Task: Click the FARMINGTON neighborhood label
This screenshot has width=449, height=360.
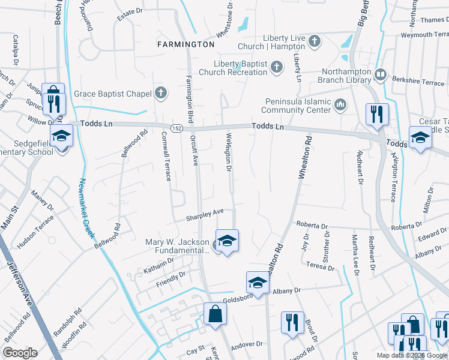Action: point(185,44)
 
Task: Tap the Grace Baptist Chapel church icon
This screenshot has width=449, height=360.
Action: point(160,93)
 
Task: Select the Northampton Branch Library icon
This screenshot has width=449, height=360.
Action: point(380,75)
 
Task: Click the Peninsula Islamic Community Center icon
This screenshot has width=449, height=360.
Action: point(340,106)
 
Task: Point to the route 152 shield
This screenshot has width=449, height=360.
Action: point(176,128)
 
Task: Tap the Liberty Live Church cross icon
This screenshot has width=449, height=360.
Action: point(315,41)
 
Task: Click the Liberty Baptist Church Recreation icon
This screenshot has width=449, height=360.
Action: point(276,67)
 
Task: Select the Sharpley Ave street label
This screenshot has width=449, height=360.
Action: point(204,214)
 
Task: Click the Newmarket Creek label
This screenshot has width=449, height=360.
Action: point(87,208)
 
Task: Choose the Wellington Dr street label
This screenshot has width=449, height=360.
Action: point(229,152)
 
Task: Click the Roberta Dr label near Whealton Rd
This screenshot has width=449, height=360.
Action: point(312,226)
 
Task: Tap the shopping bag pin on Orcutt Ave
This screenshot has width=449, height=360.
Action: point(215,314)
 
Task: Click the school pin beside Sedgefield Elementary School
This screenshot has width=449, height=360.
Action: point(61,137)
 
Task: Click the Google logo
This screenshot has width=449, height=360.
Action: point(20,353)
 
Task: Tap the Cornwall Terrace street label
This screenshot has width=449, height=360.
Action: point(168,157)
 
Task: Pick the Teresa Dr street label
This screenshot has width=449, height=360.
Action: point(321,265)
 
